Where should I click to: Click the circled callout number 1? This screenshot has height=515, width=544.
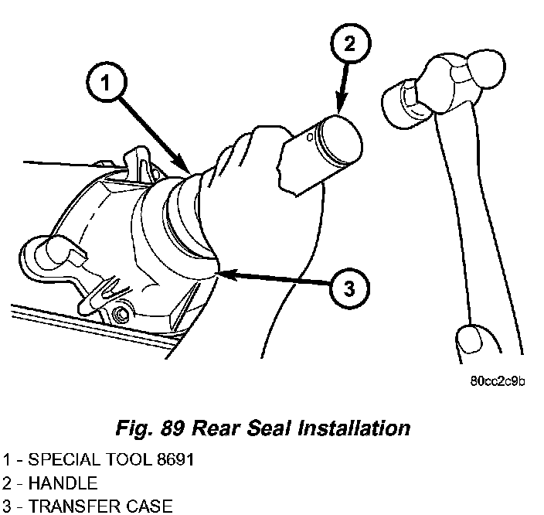pos(106,84)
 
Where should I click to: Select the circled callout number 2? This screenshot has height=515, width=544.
pos(350,44)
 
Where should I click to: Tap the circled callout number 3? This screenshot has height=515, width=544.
pos(349,288)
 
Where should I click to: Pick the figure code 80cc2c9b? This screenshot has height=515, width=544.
pos(497,381)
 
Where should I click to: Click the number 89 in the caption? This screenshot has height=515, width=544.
pos(172,428)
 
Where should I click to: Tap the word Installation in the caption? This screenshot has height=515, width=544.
pos(354,428)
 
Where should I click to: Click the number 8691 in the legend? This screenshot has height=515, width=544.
pos(175,460)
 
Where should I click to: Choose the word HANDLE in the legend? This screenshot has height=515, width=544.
pos(63,483)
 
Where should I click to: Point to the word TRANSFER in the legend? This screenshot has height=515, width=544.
pos(74,506)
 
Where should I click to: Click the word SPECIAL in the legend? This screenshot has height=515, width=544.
pos(64,460)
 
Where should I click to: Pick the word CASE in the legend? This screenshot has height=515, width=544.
pos(149,506)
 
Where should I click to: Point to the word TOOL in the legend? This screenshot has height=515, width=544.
pos(128,460)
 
